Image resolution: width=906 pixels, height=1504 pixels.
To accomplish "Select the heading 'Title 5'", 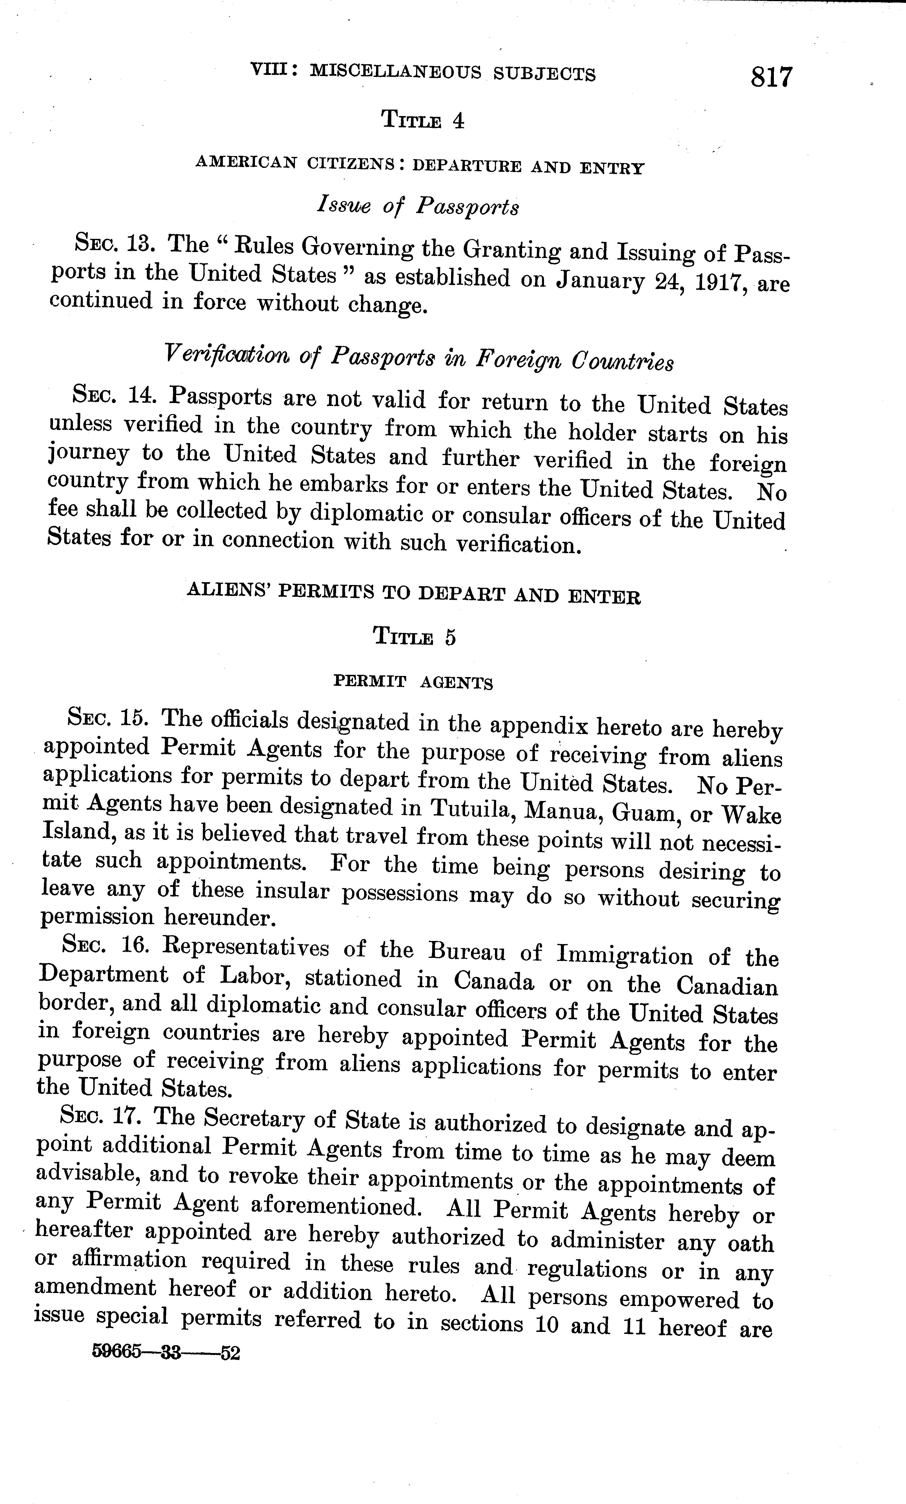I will pyautogui.click(x=414, y=637).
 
